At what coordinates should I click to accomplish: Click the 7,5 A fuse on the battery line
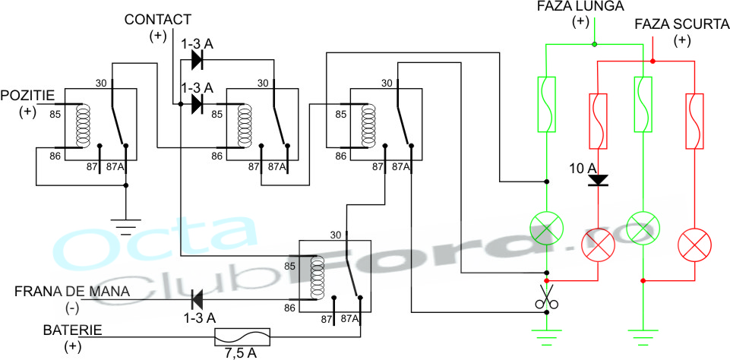[242, 335]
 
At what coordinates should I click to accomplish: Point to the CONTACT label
[158, 19]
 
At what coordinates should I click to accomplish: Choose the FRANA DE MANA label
[72, 292]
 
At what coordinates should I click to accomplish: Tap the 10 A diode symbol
[599, 180]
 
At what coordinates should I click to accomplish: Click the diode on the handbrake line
[199, 299]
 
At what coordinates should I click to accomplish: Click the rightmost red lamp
[696, 244]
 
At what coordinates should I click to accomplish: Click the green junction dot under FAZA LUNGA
[594, 44]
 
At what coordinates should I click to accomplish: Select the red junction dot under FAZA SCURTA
[654, 61]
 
